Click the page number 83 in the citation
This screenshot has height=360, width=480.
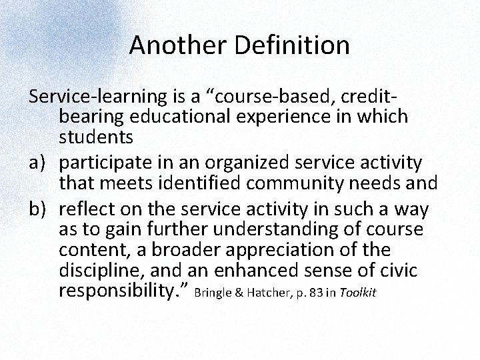(x=313, y=295)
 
